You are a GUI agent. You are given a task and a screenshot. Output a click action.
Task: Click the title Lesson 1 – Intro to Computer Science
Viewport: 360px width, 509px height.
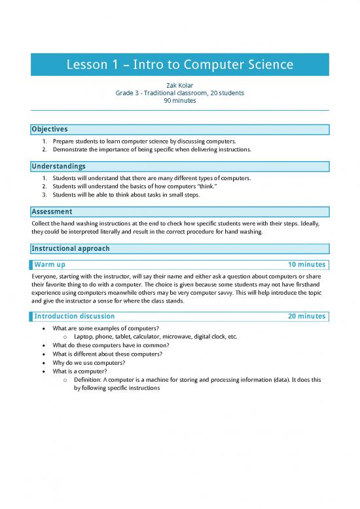coord(179,66)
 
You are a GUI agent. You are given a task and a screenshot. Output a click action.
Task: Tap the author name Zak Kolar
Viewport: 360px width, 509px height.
coord(179,85)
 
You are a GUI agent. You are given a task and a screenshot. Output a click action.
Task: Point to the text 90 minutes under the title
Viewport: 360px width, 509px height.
coord(179,101)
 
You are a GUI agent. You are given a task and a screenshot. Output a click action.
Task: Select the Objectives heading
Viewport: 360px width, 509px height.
coord(50,129)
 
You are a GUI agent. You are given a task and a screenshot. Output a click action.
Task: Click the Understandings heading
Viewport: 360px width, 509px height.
coord(58,166)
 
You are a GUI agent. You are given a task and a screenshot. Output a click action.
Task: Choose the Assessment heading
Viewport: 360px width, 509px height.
coord(52,212)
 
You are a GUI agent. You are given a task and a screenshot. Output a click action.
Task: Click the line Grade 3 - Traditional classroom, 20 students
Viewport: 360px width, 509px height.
coord(179,93)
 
